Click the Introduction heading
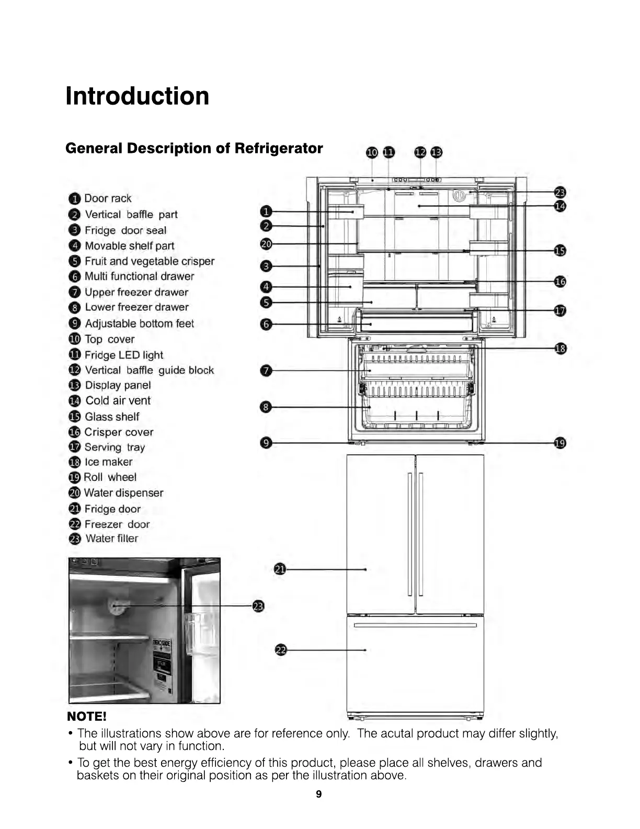coord(137,96)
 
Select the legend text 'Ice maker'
coord(108,462)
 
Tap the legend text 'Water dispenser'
coord(123,493)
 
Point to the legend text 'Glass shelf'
coord(112,417)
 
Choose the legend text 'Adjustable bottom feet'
coord(139,323)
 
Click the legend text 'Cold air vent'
coord(118,401)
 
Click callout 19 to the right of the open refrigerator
coord(559,443)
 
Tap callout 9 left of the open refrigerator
coord(266,443)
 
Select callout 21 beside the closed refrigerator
coord(280,569)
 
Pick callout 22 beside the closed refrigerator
coord(281,651)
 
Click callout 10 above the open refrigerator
coord(372,152)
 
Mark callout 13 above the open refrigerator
coord(436,152)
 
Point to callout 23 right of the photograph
coord(258,607)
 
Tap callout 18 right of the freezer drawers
coord(560,349)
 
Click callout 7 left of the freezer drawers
coord(266,371)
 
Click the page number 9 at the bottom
coord(319,794)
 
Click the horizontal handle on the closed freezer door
coord(415,625)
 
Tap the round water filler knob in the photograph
coord(115,606)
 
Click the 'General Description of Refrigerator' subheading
coord(194,149)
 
